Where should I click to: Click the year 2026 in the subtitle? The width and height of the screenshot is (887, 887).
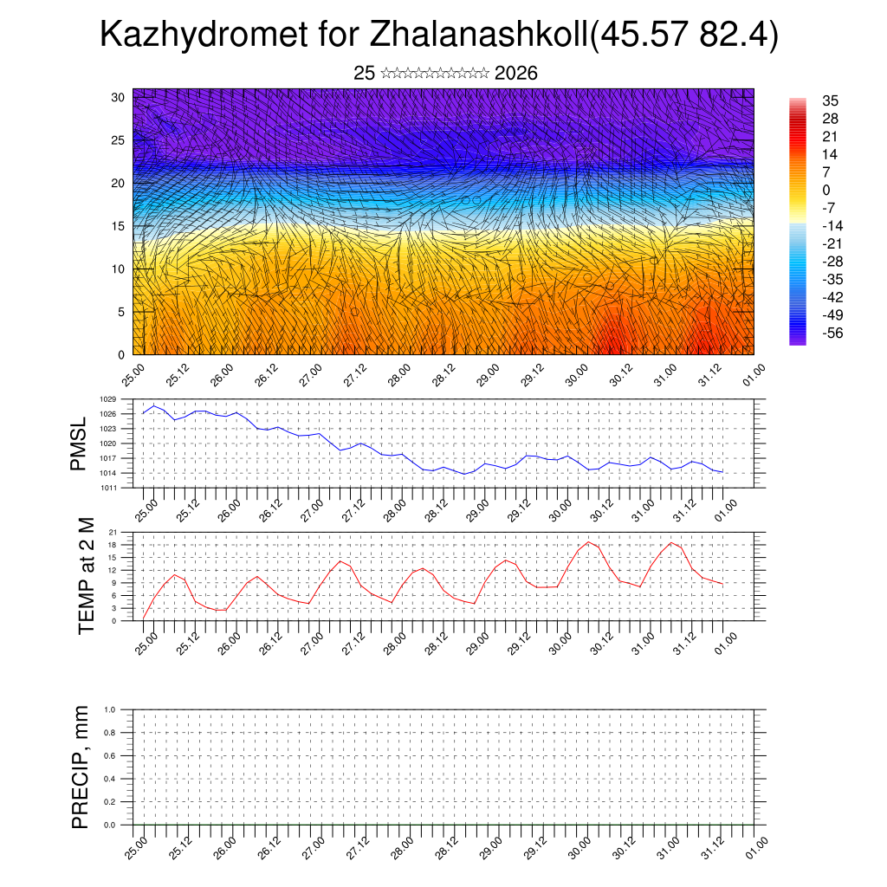click(516, 74)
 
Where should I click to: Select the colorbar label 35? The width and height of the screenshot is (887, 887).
click(830, 101)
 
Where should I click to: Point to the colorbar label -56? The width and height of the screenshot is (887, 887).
click(833, 333)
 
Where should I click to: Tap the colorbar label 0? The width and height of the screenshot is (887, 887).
click(826, 190)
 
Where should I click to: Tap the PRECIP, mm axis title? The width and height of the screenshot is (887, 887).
click(81, 768)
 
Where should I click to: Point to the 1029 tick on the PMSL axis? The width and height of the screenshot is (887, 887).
click(107, 399)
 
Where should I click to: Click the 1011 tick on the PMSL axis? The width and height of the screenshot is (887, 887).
click(107, 488)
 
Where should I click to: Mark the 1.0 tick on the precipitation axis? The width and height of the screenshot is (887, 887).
click(110, 709)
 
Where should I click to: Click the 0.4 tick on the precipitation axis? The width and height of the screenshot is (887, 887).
click(110, 779)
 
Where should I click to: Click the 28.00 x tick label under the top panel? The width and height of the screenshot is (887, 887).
click(399, 379)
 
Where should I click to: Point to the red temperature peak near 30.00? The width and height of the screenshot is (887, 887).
click(589, 541)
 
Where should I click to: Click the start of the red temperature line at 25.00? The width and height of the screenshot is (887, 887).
click(143, 618)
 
